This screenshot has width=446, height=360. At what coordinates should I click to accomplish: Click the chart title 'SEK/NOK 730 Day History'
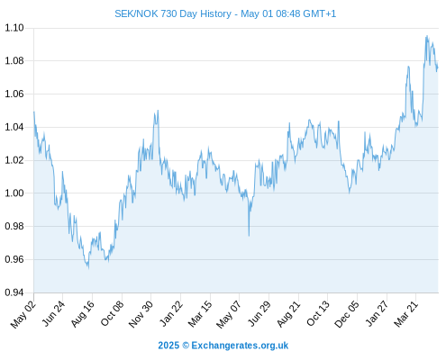pyautogui.click(x=173, y=13)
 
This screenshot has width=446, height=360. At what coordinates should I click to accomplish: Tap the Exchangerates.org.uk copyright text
pyautogui.click(x=223, y=346)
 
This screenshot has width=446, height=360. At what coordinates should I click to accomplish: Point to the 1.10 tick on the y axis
pyautogui.click(x=14, y=28)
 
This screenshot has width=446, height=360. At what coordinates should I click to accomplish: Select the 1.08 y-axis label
pyautogui.click(x=14, y=61)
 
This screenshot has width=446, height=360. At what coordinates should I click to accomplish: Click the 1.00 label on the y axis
pyautogui.click(x=14, y=193)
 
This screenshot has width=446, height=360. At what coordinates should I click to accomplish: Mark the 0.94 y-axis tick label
pyautogui.click(x=14, y=292)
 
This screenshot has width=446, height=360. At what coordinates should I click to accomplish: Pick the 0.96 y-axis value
pyautogui.click(x=14, y=259)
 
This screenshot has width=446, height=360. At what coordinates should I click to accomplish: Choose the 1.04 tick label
pyautogui.click(x=14, y=127)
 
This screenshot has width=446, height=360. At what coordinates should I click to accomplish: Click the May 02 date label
pyautogui.click(x=23, y=314)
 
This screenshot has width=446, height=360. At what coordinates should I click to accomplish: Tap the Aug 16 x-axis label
pyautogui.click(x=82, y=314)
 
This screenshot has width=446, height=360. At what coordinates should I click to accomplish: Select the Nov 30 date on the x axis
pyautogui.click(x=141, y=314)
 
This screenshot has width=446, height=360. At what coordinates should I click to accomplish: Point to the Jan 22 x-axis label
pyautogui.click(x=171, y=314)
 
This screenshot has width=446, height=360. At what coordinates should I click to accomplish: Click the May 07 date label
pyautogui.click(x=229, y=314)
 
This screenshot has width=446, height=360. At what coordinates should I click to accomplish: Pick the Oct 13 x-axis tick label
pyautogui.click(x=318, y=314)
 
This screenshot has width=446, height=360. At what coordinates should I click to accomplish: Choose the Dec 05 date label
pyautogui.click(x=347, y=314)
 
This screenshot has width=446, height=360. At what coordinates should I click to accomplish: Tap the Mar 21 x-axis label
pyautogui.click(x=406, y=314)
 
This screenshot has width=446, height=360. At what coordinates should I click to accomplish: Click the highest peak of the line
pyautogui.click(x=427, y=36)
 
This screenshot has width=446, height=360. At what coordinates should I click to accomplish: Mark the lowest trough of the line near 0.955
pyautogui.click(x=88, y=268)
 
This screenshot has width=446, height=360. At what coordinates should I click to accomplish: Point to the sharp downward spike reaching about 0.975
pyautogui.click(x=249, y=236)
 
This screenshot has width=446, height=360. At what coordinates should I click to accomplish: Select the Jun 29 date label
pyautogui.click(x=259, y=314)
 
